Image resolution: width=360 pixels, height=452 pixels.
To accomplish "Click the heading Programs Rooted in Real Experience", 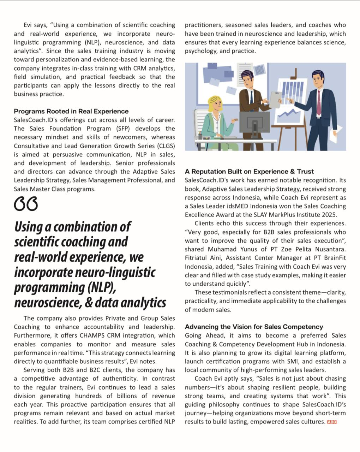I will (71, 111).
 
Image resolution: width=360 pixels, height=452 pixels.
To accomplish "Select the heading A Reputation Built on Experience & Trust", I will (249, 172).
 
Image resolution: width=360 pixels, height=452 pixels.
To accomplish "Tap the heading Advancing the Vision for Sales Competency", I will (254, 327).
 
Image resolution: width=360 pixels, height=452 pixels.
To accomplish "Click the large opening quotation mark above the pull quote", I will (25, 204).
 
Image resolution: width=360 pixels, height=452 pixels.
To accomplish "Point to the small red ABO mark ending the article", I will (332, 422).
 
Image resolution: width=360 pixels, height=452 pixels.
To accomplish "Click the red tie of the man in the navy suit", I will (319, 102).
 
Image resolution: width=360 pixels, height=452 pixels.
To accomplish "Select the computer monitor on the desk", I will (254, 122).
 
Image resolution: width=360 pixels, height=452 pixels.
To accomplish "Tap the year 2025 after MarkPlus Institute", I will (329, 215).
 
